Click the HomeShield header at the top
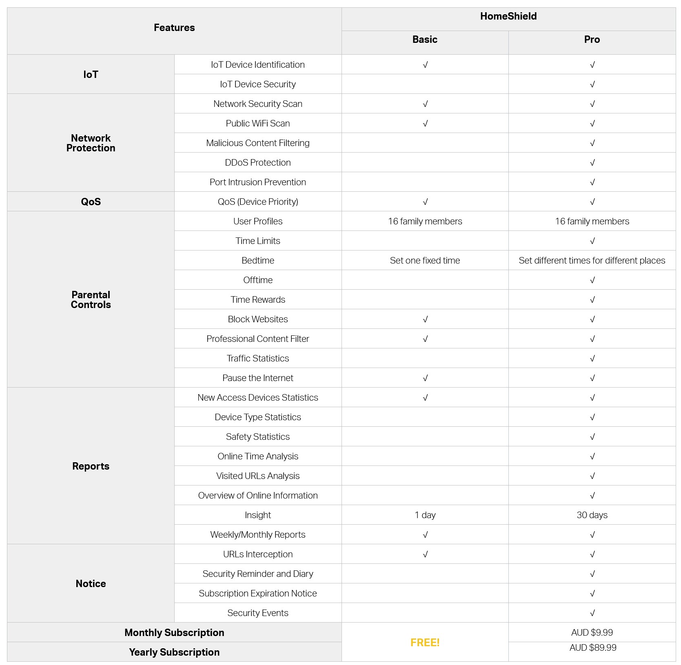(508, 16)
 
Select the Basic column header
(425, 40)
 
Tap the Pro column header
(592, 40)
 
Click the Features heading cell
(174, 28)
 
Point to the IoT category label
(91, 75)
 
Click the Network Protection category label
(91, 143)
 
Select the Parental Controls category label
(91, 300)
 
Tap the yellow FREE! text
(425, 643)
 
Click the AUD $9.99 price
(592, 633)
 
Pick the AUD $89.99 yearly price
(592, 648)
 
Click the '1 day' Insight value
(425, 515)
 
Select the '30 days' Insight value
(592, 515)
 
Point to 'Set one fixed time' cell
(425, 261)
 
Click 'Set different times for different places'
(592, 261)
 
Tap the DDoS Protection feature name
(257, 163)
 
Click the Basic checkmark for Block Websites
(425, 319)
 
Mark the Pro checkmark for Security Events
(592, 613)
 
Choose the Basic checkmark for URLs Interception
(425, 554)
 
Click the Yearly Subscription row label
(174, 652)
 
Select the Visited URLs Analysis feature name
(257, 476)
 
